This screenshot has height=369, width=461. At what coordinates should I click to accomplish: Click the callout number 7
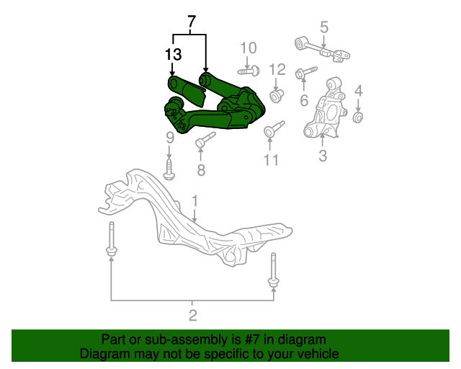pos(191,22)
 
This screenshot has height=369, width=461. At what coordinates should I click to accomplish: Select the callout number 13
pos(173,55)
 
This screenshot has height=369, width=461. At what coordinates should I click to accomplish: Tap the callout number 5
pos(323,27)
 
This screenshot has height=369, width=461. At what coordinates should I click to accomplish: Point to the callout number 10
pos(249,48)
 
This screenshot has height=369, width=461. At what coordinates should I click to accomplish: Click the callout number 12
pos(277,69)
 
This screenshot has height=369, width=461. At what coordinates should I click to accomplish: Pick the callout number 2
pos(192,315)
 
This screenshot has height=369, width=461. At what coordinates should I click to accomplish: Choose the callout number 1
pos(195,201)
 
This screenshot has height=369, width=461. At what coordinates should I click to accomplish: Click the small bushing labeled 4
pos(358,117)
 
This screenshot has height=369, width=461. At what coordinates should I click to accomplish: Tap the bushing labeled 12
pos(277,97)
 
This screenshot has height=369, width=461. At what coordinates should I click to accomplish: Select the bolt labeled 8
pos(205,140)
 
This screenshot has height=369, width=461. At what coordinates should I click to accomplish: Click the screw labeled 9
pos(169,169)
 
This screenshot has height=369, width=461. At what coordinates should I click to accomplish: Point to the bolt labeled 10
pos(249,71)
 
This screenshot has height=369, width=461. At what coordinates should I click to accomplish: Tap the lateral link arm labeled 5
pos(322,49)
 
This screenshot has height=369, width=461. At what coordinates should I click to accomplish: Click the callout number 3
pos(323,155)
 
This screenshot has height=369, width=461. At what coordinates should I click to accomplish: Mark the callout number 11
pos(271,160)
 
